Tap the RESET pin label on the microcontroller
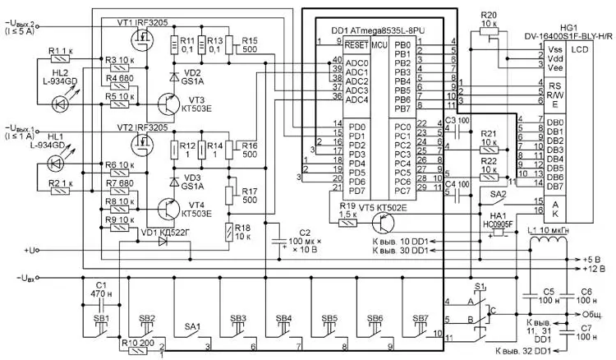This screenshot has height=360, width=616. coord(354,44)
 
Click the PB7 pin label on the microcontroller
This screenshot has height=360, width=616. coord(402,108)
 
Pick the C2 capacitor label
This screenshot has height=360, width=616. coord(303,232)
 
